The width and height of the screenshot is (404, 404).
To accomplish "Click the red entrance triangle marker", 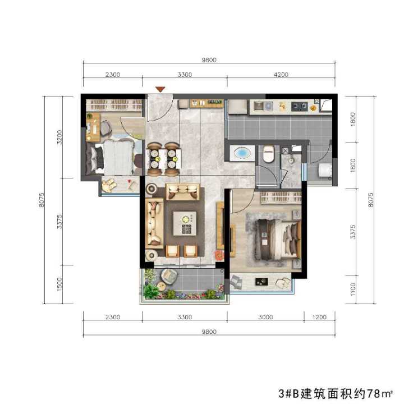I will [x=160, y=89].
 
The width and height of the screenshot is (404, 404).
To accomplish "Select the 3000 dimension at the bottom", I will [x=265, y=317].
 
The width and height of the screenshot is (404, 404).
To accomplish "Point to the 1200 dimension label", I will [x=319, y=317].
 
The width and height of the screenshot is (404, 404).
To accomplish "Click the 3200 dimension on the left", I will [x=59, y=137].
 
